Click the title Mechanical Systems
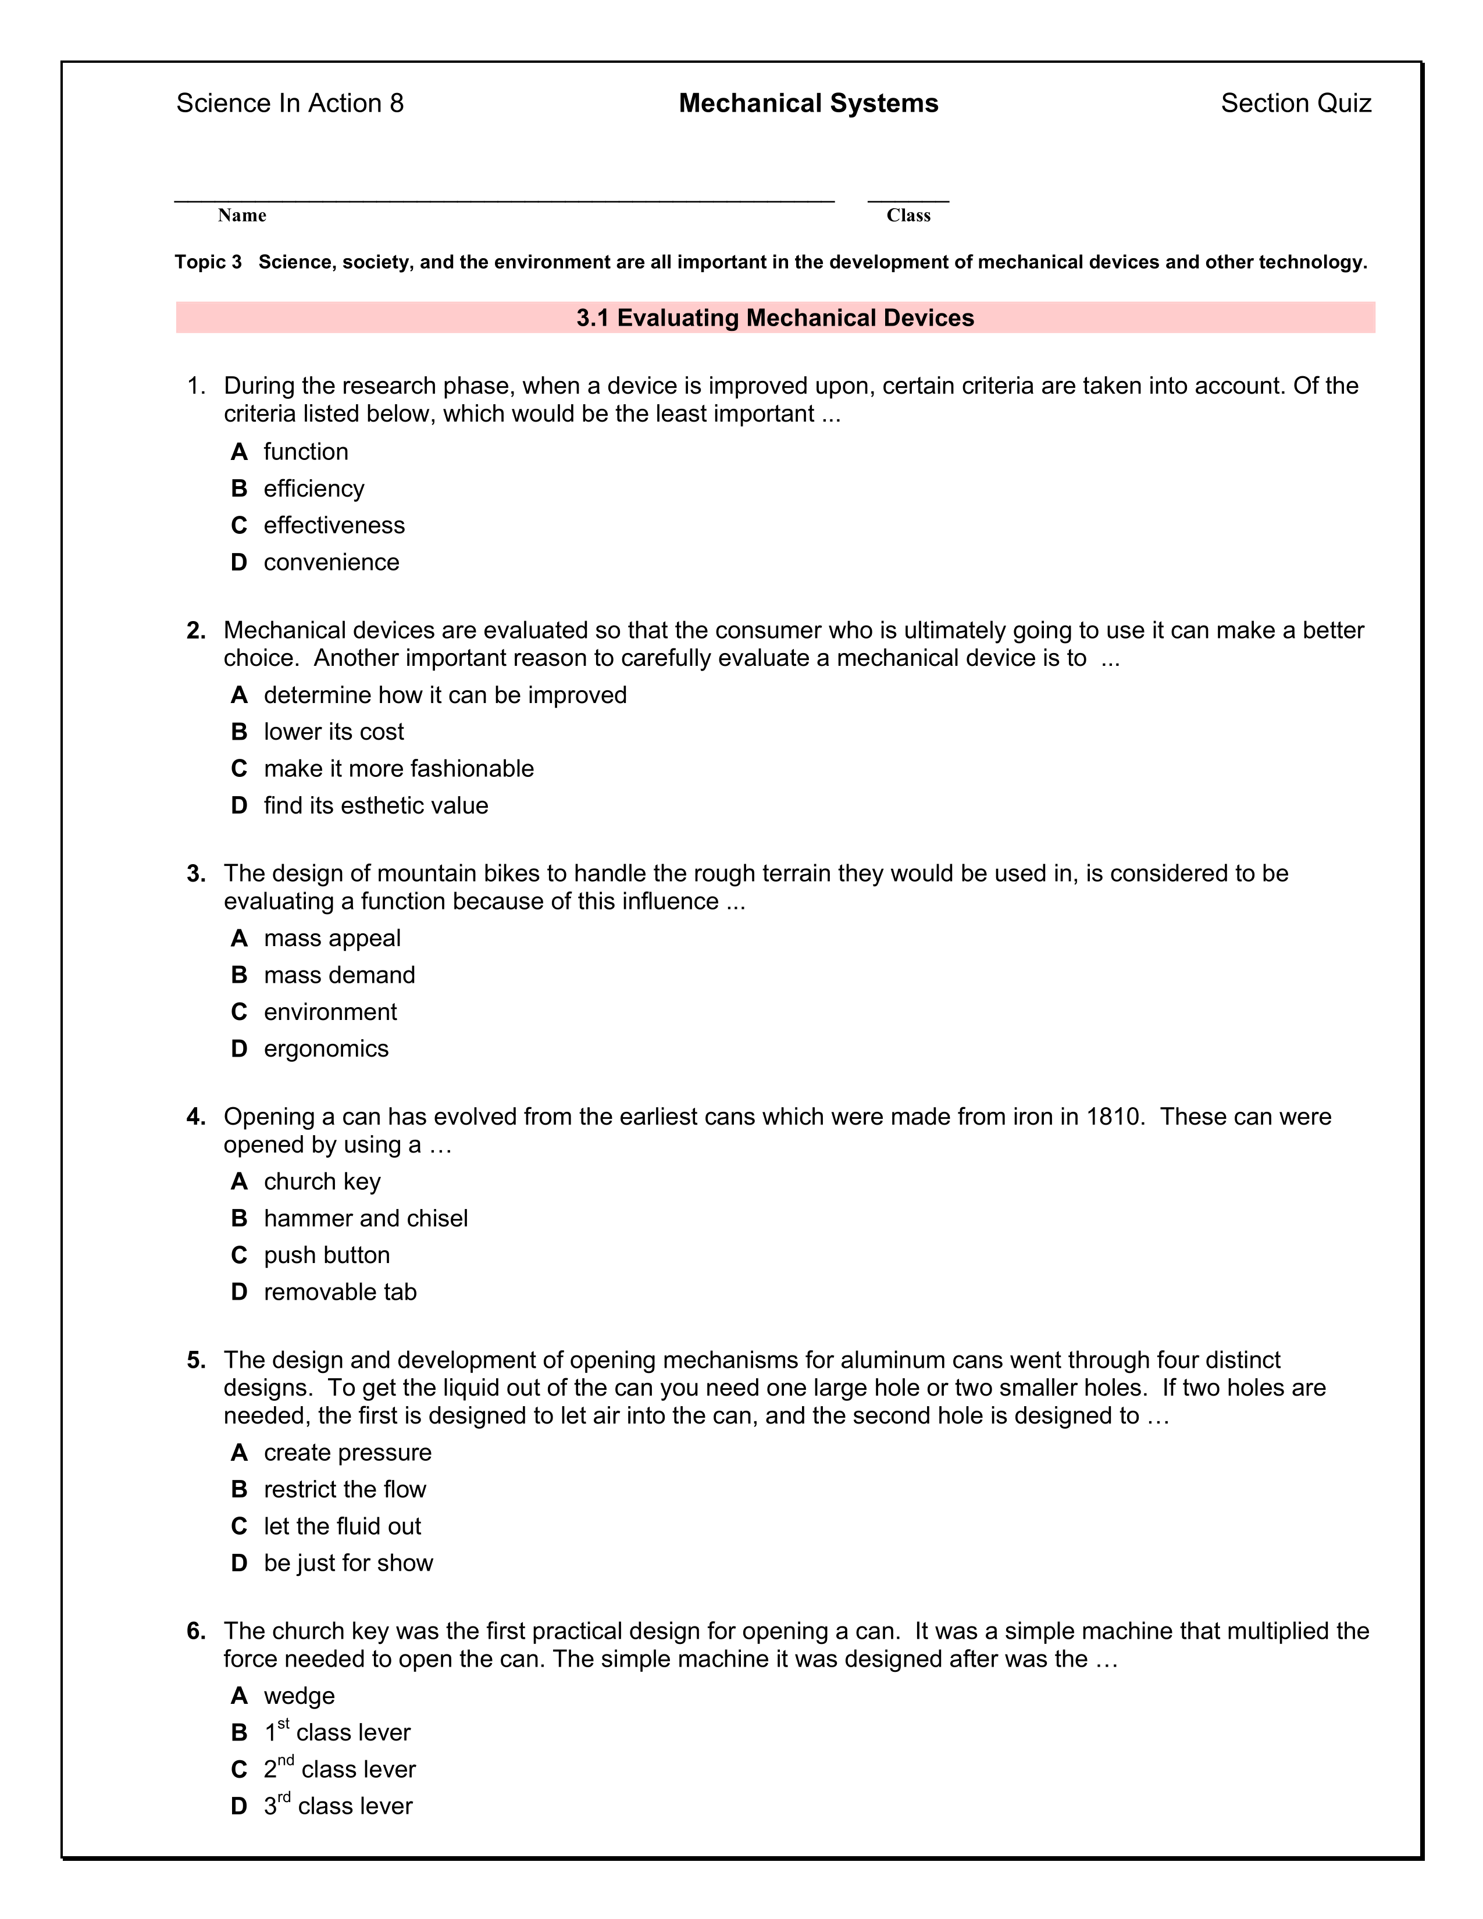808,104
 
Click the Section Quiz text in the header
1295,104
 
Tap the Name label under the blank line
241,215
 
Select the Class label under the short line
908,215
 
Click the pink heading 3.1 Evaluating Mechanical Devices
775,318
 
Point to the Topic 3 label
208,262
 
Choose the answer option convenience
331,562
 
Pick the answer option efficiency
313,488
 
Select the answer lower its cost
334,732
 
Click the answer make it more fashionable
399,769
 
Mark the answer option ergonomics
326,1049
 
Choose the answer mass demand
339,975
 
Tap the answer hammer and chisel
365,1219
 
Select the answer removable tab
340,1293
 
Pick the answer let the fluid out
343,1526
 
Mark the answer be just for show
348,1563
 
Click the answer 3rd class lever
338,1807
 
